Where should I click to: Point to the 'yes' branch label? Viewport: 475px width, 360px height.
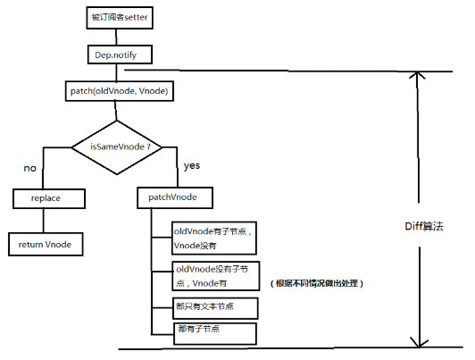coord(190,166)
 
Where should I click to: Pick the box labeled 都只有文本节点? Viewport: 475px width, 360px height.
coord(213,308)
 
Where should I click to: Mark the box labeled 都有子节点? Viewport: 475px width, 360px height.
coord(213,333)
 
